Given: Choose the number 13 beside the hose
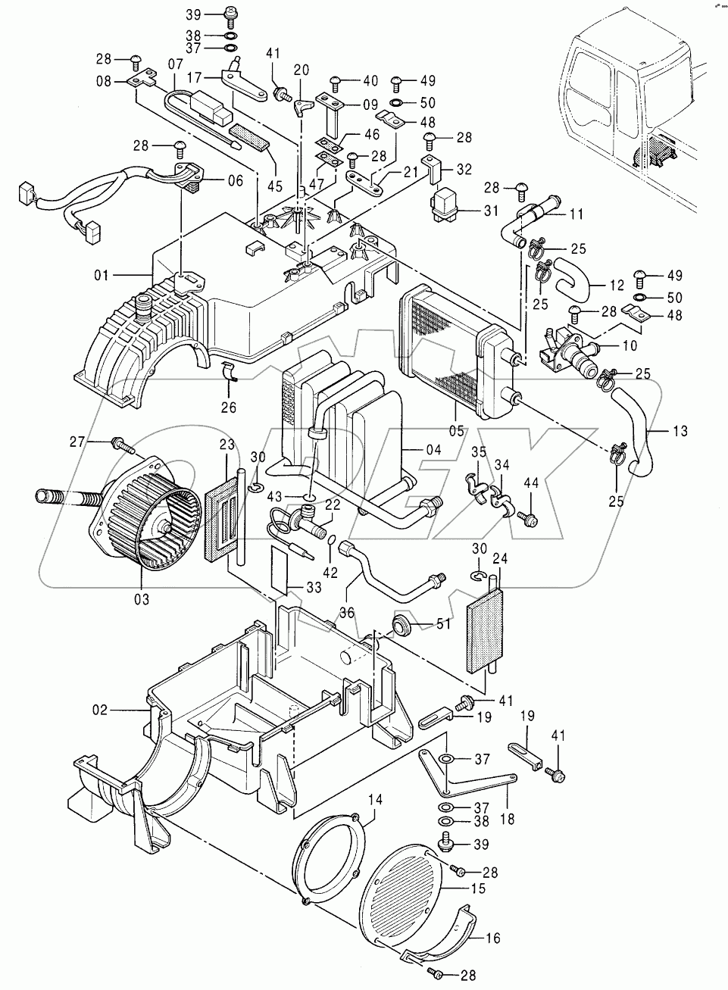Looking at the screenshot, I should (x=680, y=432).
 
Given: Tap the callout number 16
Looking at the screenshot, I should (x=492, y=938).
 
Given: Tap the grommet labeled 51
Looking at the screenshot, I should (x=401, y=624).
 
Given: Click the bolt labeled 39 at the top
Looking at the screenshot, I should (x=228, y=12).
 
